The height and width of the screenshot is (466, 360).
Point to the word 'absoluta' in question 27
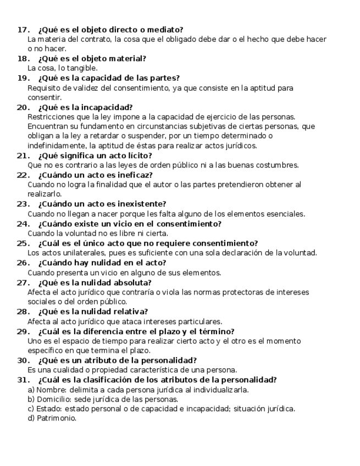[125, 282]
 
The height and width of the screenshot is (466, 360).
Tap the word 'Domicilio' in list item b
[53, 399]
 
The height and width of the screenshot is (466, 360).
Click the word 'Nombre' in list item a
[49, 390]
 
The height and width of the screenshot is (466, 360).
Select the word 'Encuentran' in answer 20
[48, 126]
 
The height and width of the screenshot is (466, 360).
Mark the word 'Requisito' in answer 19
[44, 88]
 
